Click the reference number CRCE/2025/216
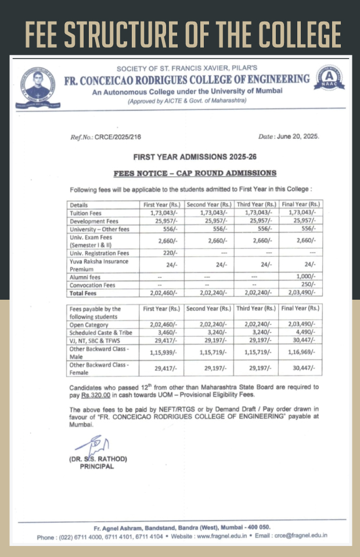pyautogui.click(x=105, y=137)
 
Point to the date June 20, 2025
pyautogui.click(x=289, y=136)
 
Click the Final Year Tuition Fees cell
pyautogui.click(x=301, y=213)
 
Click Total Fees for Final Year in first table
pyautogui.click(x=301, y=293)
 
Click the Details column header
pyautogui.click(x=79, y=205)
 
